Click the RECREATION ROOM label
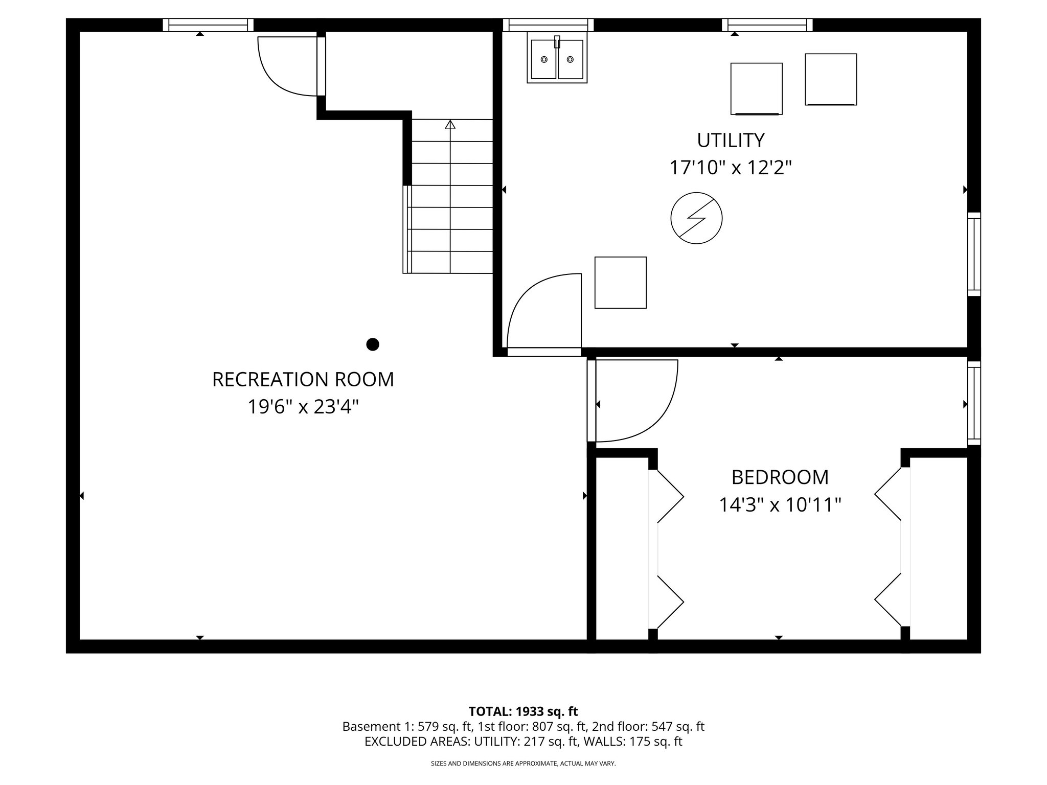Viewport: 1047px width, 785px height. pos(303,380)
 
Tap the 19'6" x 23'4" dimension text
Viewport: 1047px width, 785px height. pos(303,407)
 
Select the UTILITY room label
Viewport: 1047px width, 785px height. pos(731,140)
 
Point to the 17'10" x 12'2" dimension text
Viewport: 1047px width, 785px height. pos(731,168)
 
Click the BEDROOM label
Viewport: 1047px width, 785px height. pos(780,477)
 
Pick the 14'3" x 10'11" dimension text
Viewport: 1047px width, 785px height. pos(780,505)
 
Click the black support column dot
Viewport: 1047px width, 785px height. pos(373,344)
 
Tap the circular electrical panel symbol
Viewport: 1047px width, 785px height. pos(696,218)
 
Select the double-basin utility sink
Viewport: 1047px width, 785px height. pos(557,60)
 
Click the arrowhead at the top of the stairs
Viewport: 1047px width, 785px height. pos(450,124)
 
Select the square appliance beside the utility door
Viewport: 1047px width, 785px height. pos(620,283)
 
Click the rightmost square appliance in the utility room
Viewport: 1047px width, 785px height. pos(830,79)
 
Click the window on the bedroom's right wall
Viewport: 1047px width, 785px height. pos(974,403)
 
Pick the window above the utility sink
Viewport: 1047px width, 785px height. pos(548,25)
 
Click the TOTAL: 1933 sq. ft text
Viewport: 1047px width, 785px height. pos(523,711)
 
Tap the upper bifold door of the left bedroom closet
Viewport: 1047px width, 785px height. pos(667,496)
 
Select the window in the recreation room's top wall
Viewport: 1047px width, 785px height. pos(208,25)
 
